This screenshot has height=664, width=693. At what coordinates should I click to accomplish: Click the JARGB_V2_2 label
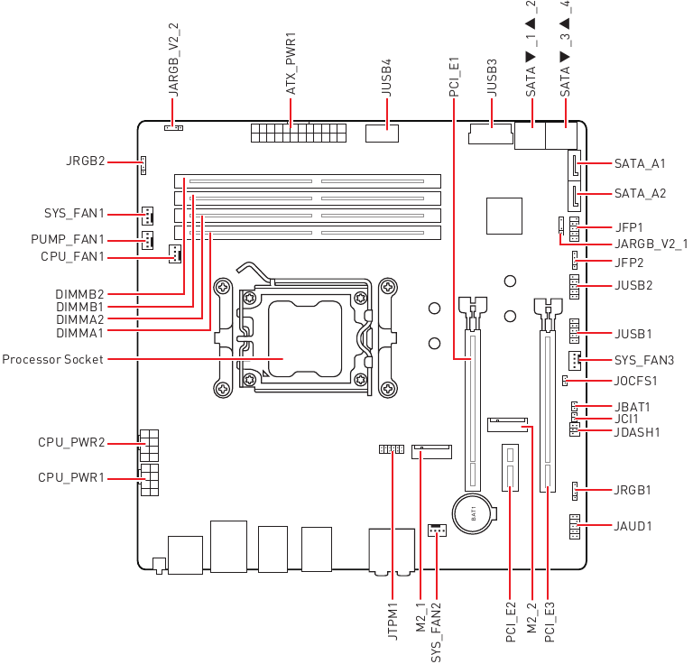(173, 60)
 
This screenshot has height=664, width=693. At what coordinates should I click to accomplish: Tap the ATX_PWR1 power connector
(299, 133)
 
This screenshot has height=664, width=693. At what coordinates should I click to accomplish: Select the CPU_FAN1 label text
(72, 257)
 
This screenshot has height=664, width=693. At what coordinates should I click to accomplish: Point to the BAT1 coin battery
(473, 514)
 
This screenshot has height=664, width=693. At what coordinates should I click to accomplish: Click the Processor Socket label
(52, 359)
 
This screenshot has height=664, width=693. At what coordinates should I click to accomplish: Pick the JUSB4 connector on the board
(382, 134)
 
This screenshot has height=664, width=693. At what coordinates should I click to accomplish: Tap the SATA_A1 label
(640, 164)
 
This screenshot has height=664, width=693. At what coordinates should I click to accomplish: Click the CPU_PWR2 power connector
(149, 446)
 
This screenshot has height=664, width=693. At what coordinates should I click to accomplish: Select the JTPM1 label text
(393, 621)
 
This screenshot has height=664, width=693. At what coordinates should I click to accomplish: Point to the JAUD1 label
(633, 526)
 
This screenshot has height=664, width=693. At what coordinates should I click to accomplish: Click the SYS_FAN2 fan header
(437, 530)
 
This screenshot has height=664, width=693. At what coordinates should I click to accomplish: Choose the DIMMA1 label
(79, 333)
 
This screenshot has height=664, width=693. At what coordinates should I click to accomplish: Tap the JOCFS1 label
(635, 381)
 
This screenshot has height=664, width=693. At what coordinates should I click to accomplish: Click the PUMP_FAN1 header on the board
(148, 240)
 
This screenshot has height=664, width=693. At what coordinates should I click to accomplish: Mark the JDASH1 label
(637, 432)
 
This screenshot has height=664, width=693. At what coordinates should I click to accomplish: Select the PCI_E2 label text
(510, 622)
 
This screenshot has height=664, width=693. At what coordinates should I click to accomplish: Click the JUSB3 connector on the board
(491, 134)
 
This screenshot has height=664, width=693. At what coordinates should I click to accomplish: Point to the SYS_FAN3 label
(644, 361)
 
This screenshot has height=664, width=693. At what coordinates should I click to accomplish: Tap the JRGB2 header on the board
(143, 165)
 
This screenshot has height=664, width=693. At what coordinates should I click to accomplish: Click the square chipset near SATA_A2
(504, 216)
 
